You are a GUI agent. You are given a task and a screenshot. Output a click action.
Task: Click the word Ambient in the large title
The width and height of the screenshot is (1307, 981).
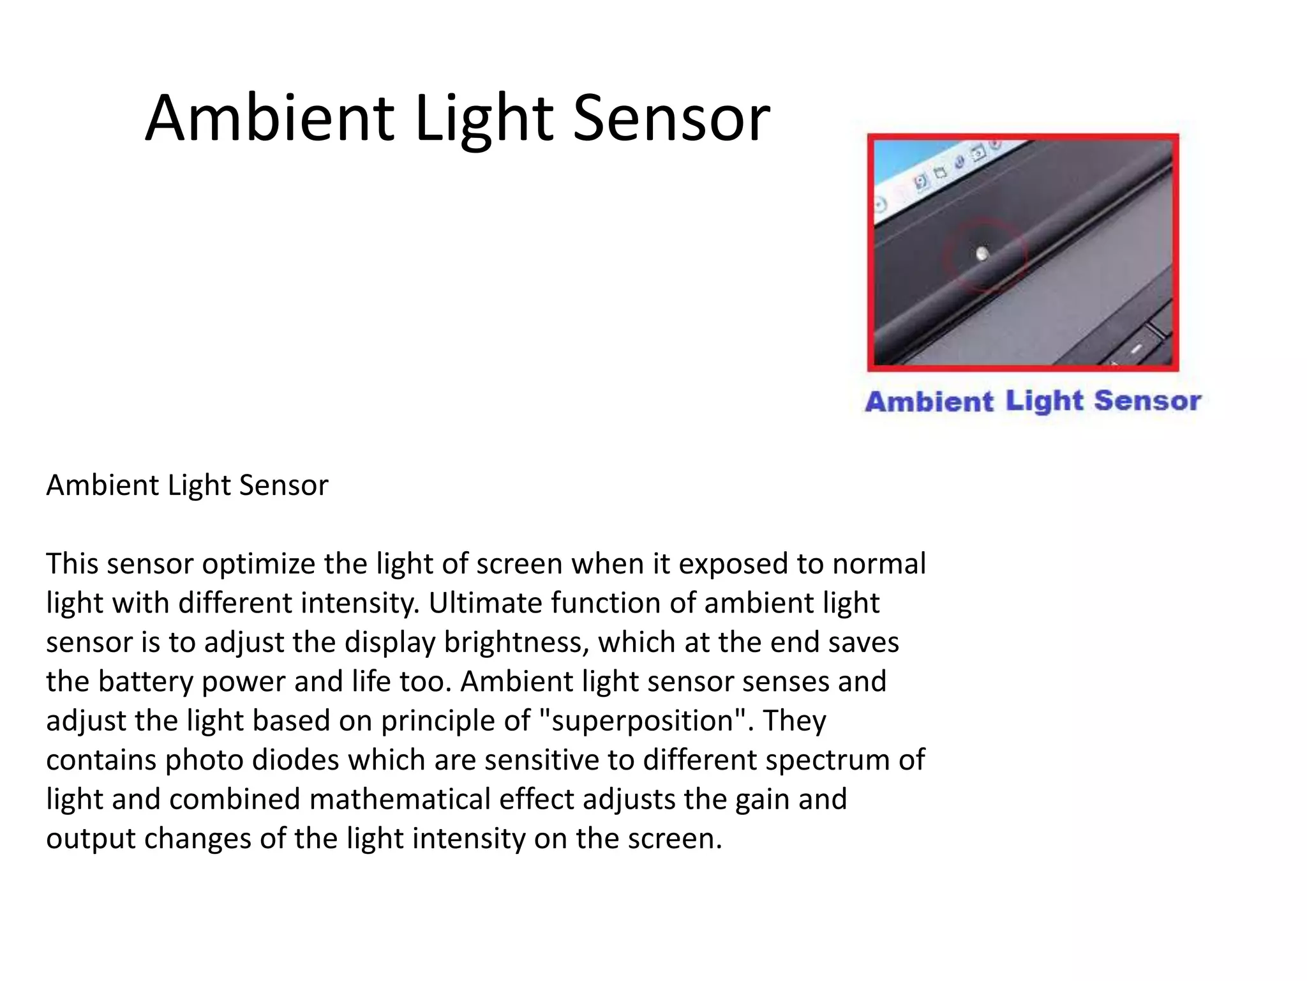(x=270, y=118)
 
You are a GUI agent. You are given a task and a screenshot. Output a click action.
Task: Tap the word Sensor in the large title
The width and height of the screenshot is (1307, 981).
(x=671, y=118)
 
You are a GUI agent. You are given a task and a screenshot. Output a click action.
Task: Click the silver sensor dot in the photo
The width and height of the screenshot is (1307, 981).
(x=982, y=254)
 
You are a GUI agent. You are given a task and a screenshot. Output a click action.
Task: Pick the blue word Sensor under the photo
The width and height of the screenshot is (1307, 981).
(x=1147, y=401)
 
